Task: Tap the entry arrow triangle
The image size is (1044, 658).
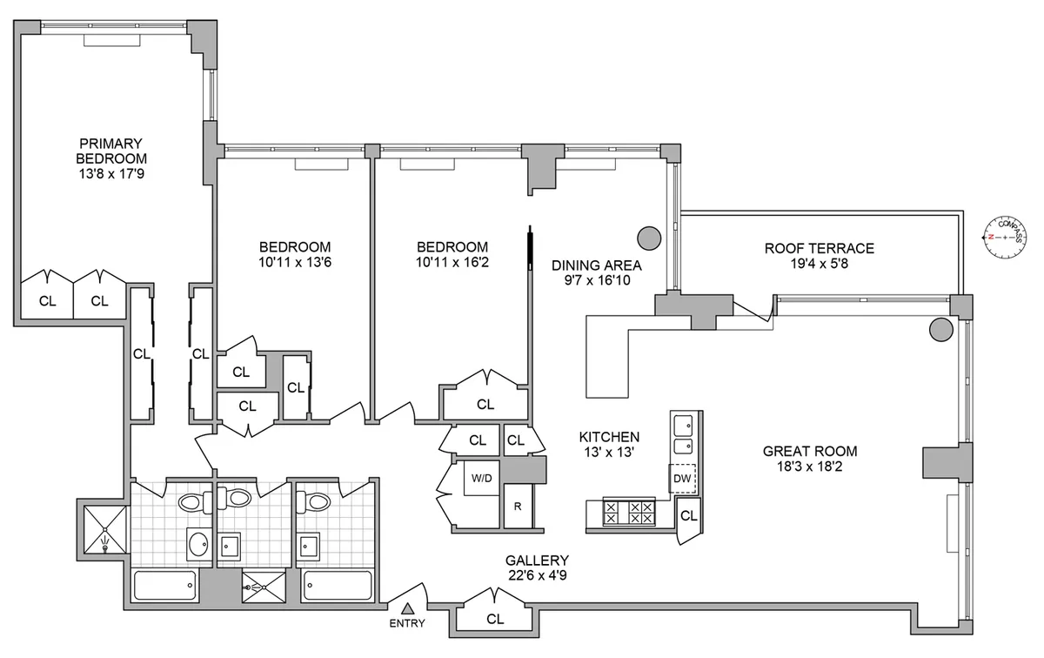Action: coord(408,608)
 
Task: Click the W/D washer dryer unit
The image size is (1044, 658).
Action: coord(480,479)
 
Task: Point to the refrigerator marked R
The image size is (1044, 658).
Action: coord(517,507)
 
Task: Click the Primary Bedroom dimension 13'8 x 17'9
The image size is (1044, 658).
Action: coord(111,174)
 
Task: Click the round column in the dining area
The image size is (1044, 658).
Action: coord(649,237)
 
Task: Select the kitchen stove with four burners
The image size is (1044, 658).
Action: coord(628,513)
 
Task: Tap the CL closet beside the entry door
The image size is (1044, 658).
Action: coord(495,620)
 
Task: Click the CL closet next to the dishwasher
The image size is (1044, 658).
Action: coord(688,516)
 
